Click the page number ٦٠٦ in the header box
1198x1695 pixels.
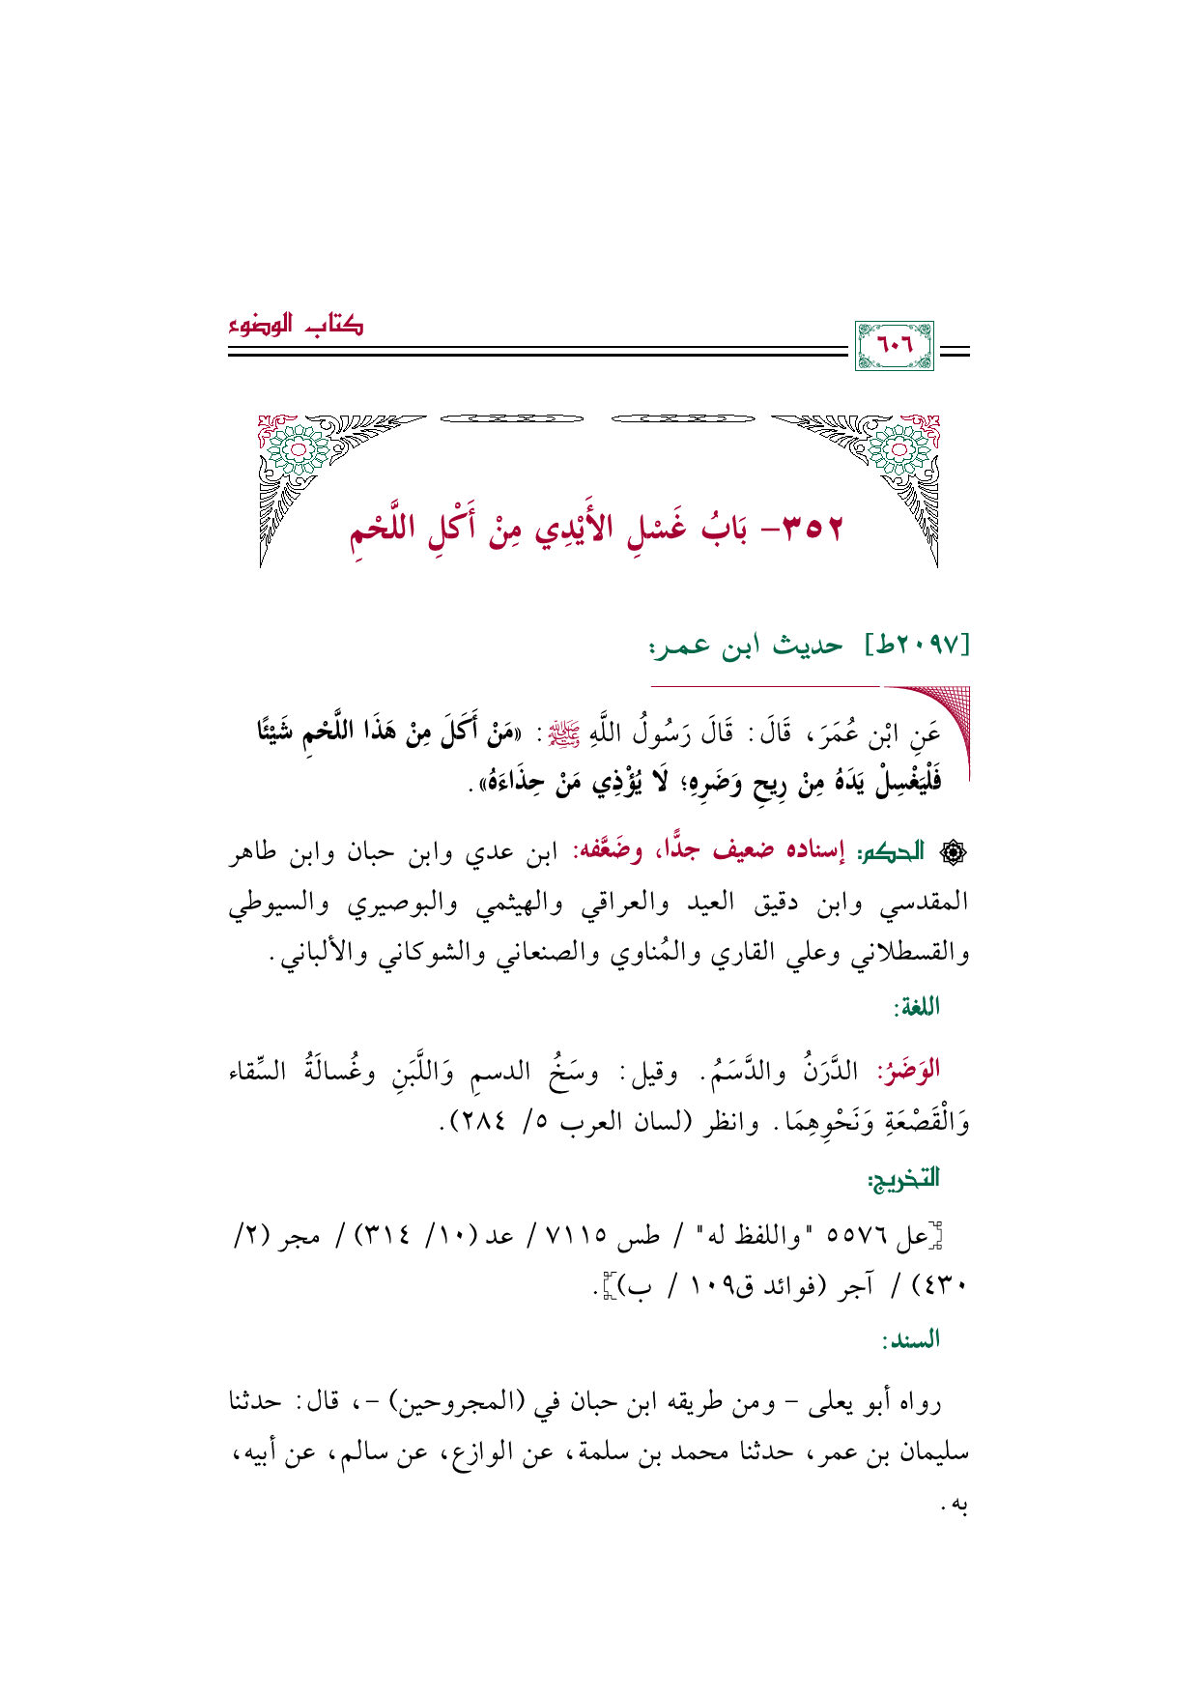895,345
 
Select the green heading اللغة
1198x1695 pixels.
917,1007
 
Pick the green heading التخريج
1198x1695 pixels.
903,1178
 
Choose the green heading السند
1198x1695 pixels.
911,1339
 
